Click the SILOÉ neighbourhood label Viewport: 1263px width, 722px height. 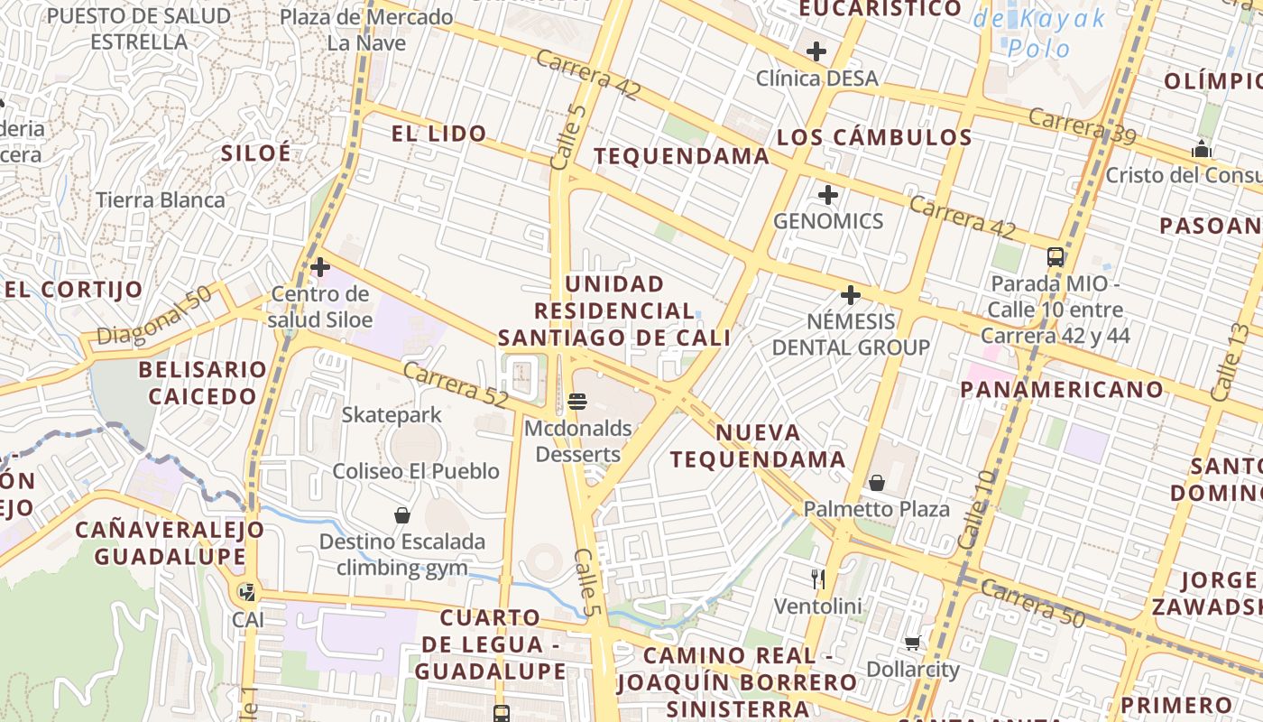tap(257, 153)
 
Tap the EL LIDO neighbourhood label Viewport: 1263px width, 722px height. tap(438, 134)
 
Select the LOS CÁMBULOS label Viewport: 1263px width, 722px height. tap(874, 137)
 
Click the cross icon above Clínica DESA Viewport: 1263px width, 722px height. tap(816, 51)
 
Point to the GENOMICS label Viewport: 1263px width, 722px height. tap(828, 221)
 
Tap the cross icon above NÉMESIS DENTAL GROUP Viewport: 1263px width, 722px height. tap(850, 295)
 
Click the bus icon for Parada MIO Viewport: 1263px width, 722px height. tap(1056, 257)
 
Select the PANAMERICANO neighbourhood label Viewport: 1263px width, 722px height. tap(1062, 389)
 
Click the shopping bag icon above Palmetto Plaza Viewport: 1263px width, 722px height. tap(876, 483)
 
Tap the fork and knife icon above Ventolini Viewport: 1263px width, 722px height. tap(818, 579)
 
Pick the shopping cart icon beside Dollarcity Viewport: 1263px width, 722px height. tap(912, 643)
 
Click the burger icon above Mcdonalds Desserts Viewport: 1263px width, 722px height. tap(577, 401)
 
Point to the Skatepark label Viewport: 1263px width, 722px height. tap(392, 415)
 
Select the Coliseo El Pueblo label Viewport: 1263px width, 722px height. tap(416, 471)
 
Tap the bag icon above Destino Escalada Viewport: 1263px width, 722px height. tap(402, 515)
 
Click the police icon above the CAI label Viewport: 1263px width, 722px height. tap(246, 593)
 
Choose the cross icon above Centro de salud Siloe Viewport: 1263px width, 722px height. tap(319, 267)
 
